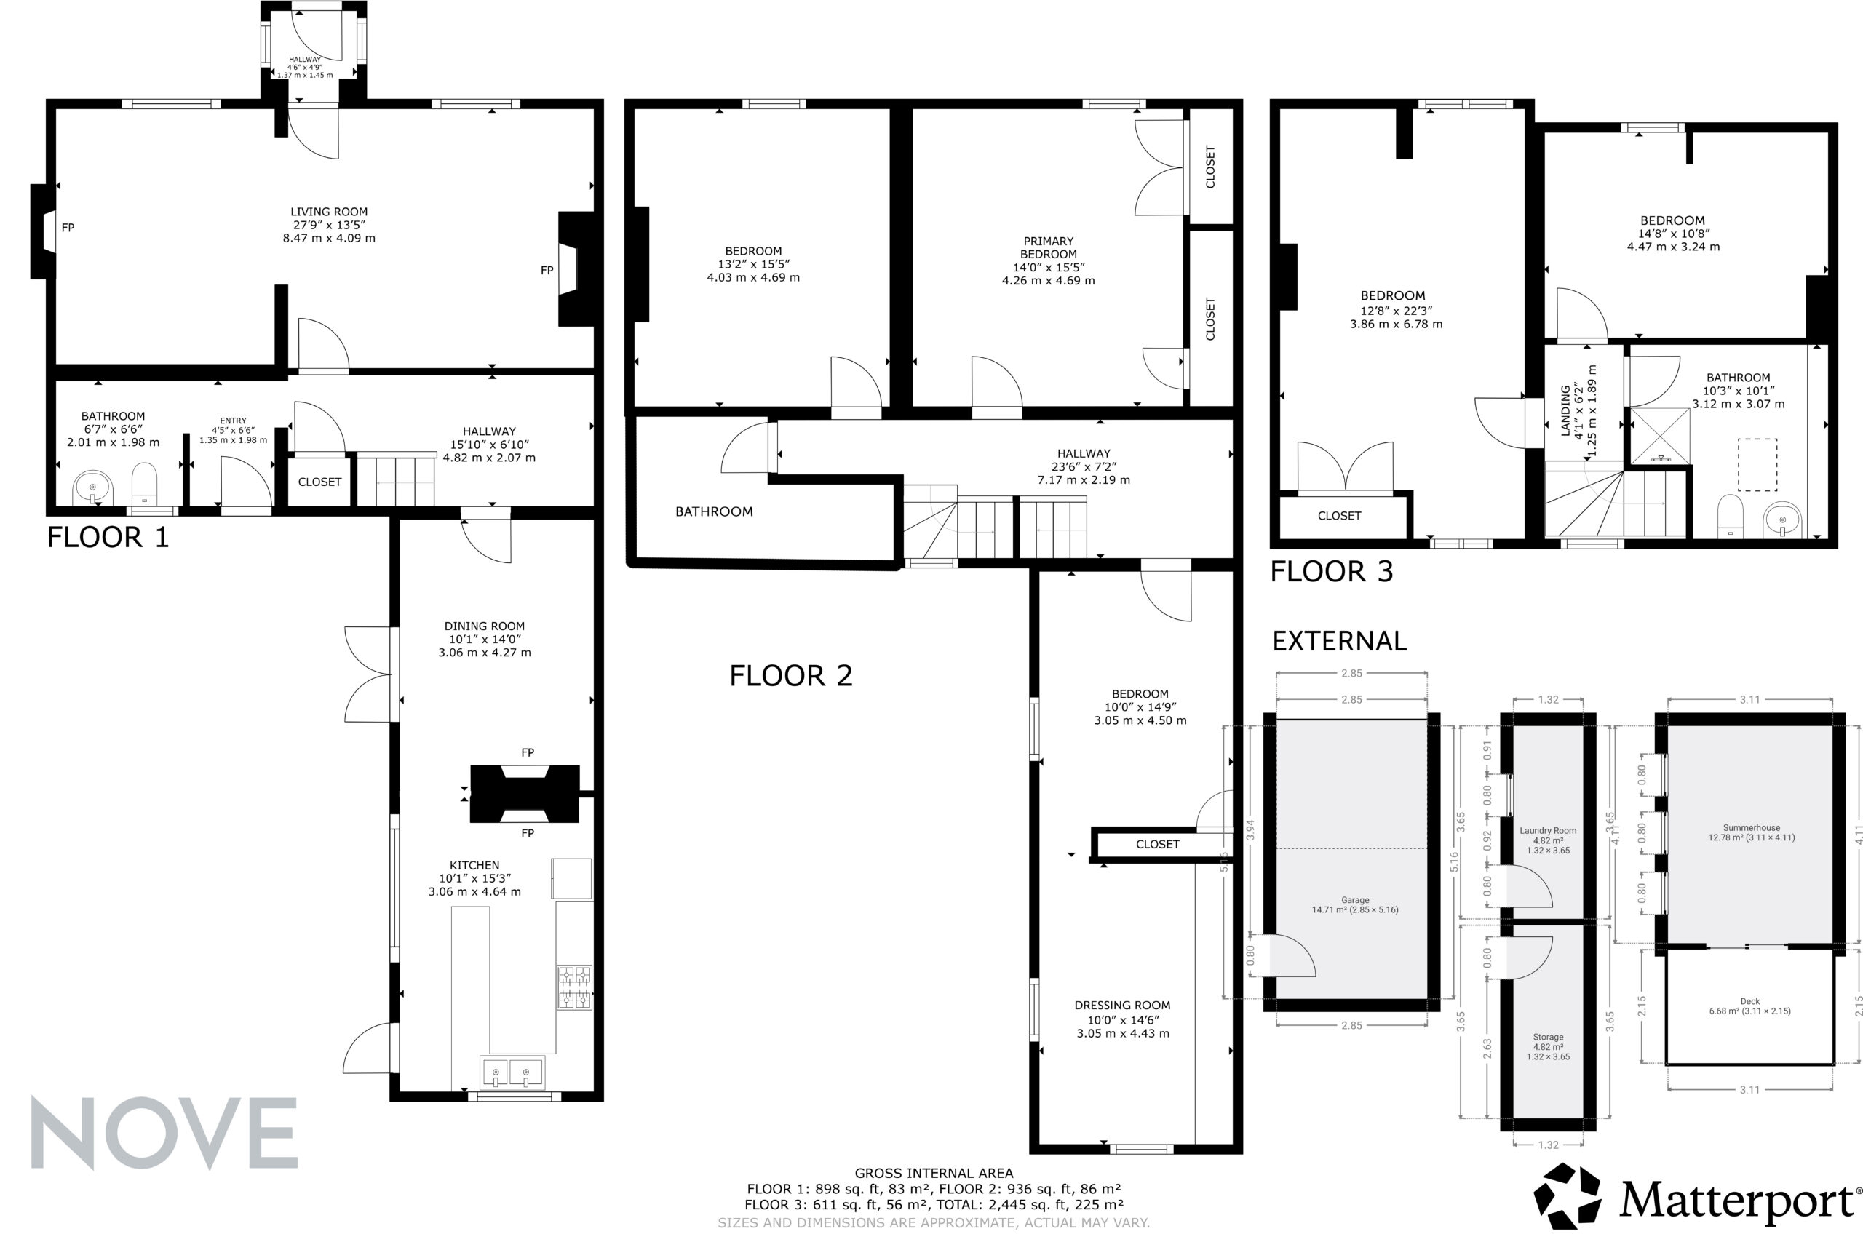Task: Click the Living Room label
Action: click(x=329, y=212)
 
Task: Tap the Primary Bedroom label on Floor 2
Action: click(x=1049, y=248)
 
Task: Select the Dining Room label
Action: click(x=484, y=626)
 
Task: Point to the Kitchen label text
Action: click(x=474, y=865)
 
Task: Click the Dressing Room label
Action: click(x=1122, y=1005)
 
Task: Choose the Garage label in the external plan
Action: click(x=1355, y=900)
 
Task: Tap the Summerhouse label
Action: click(x=1751, y=828)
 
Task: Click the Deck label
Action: click(x=1750, y=1002)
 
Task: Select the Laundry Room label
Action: click(x=1548, y=830)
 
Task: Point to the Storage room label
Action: click(x=1548, y=1038)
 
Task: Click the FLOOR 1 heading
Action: click(x=108, y=538)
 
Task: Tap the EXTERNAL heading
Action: click(x=1339, y=642)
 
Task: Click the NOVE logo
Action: click(x=164, y=1134)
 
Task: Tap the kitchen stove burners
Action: click(x=575, y=987)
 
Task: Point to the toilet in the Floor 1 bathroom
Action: click(x=144, y=482)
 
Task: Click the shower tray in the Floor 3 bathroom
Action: click(x=1660, y=435)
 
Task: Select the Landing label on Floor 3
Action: click(x=1565, y=410)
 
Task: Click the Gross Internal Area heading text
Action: click(x=934, y=1174)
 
